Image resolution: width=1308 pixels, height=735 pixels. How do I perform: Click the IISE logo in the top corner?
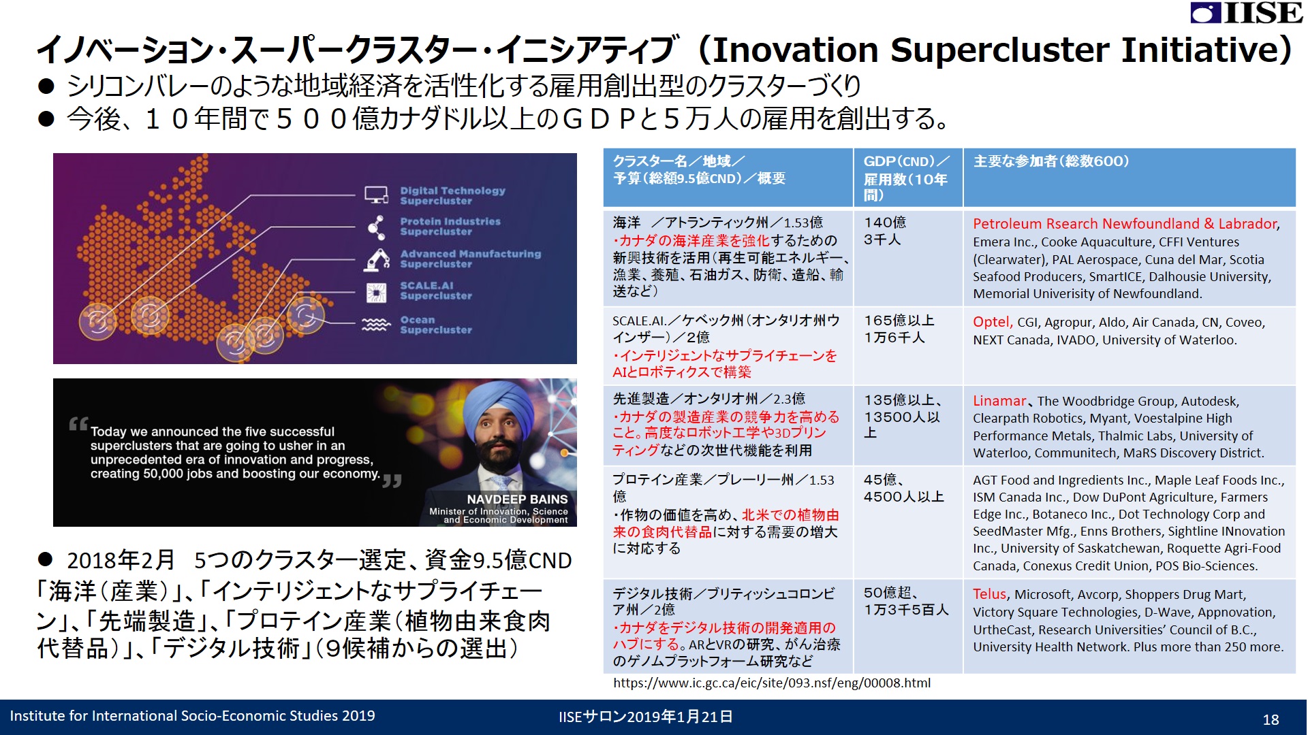(1247, 12)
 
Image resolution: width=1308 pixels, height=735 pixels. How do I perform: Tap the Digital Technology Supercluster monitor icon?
(376, 195)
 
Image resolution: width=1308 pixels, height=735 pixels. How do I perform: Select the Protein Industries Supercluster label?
(450, 227)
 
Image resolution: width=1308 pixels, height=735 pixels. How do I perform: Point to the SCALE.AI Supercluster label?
(436, 291)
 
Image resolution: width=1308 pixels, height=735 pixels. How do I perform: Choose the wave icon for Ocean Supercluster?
(376, 324)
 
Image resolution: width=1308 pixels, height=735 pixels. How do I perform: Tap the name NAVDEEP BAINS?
(517, 500)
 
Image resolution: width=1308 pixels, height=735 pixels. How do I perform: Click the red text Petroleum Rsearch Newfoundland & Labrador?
(1125, 224)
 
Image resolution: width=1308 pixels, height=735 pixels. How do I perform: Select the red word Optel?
(991, 323)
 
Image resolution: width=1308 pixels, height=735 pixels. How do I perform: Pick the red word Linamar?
(999, 401)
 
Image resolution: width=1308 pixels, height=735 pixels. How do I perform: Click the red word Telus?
(989, 594)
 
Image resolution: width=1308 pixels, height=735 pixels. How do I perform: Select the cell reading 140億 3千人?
(885, 231)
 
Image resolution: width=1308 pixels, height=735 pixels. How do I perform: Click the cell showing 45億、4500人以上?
(903, 488)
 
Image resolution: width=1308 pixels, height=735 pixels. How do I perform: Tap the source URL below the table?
(772, 683)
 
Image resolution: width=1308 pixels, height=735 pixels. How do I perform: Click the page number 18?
(1271, 719)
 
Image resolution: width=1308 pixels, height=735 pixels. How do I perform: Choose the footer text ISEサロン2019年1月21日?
(646, 717)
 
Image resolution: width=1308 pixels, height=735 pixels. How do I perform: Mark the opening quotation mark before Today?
(78, 424)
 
